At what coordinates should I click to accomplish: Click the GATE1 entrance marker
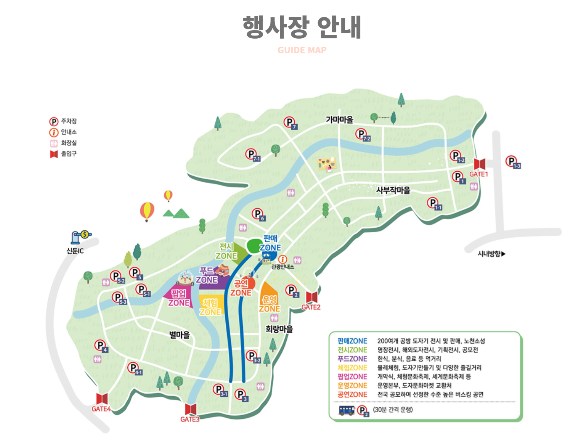(479, 164)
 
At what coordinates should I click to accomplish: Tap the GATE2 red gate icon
(311, 297)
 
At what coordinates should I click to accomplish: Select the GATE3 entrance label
(190, 419)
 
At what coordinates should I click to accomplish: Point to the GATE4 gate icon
(102, 399)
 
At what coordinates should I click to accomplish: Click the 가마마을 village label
(340, 120)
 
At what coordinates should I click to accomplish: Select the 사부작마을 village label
(393, 190)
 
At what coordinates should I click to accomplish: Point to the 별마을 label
(179, 335)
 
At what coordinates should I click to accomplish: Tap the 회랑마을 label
(279, 329)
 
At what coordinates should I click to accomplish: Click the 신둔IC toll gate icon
(80, 236)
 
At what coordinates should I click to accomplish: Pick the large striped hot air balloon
(147, 211)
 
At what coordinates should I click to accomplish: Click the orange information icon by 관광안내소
(282, 259)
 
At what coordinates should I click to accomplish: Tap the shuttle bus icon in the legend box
(346, 410)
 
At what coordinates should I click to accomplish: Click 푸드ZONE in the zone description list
(352, 359)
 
